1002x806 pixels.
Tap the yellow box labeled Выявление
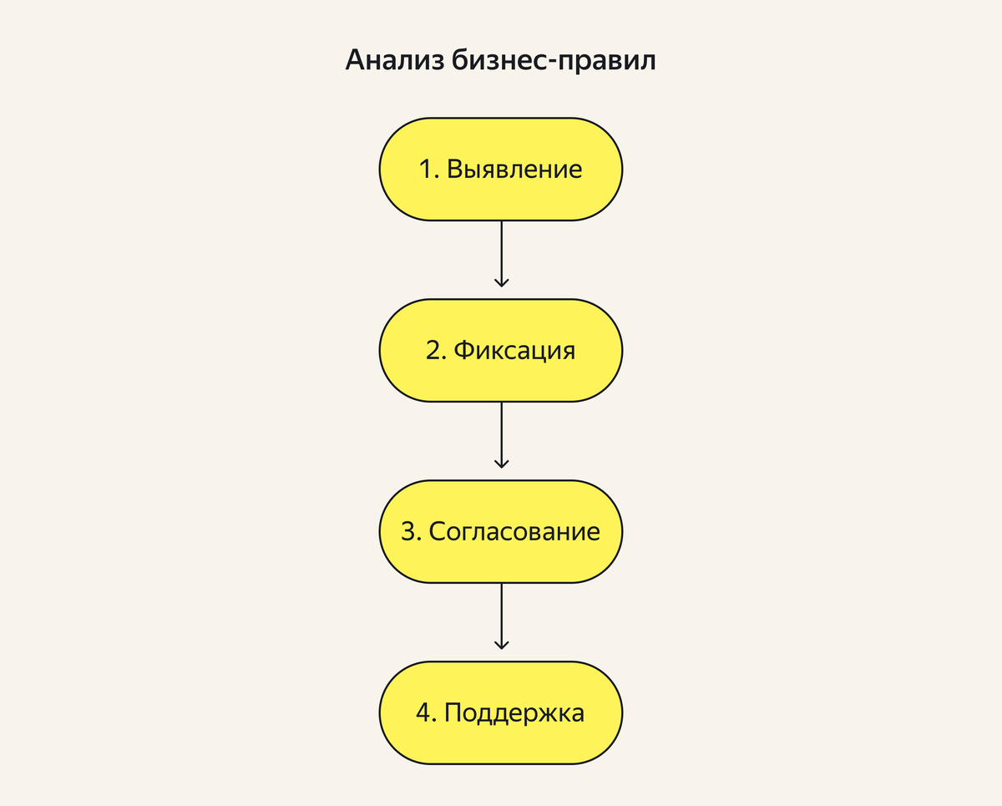[x=501, y=170]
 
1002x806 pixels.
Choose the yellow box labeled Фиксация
[x=501, y=350]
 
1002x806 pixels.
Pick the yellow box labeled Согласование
[x=501, y=531]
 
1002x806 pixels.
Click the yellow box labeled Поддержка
[x=501, y=712]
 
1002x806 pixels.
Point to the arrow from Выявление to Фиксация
[x=501, y=253]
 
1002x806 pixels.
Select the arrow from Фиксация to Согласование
[x=501, y=434]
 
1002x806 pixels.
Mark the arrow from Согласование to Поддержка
[x=501, y=616]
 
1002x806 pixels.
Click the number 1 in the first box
[x=427, y=170]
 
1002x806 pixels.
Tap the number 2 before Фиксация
[x=434, y=350]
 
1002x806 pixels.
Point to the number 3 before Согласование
[x=409, y=531]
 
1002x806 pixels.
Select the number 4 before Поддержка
[x=424, y=712]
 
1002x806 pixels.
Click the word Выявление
[x=514, y=170]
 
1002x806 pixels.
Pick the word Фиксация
[x=514, y=350]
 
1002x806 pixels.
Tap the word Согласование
[x=514, y=531]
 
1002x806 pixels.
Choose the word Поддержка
[x=514, y=712]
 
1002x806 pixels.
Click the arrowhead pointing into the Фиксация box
[x=501, y=282]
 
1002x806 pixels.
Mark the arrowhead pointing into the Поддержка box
[x=501, y=644]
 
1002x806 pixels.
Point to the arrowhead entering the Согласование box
[x=501, y=463]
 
